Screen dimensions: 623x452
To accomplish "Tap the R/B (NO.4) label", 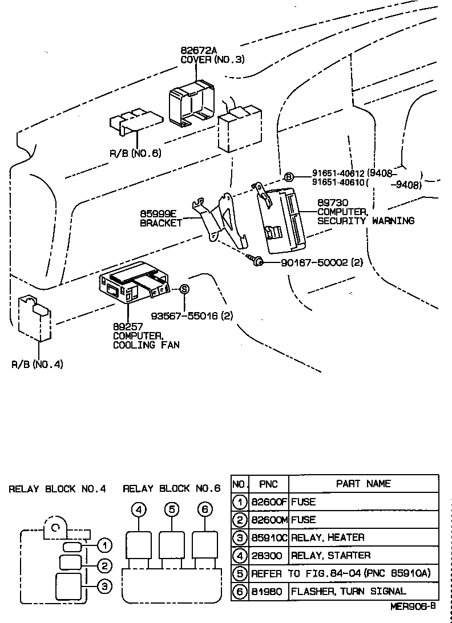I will coord(38,364).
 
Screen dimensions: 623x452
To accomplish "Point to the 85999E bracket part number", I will coord(158,214).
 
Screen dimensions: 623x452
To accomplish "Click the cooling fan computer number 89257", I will coord(127,327).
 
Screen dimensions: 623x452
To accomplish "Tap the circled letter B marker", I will coord(289,177).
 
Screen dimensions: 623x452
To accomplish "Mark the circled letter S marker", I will coord(184,289).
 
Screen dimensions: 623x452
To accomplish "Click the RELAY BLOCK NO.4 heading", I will coord(58,489).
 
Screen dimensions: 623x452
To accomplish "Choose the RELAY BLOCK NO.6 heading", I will coord(172,489).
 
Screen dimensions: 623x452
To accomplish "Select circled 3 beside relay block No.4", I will coord(103,585).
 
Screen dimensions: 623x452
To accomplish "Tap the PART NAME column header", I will coord(363,484).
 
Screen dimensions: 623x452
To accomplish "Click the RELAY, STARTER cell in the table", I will coord(330,555).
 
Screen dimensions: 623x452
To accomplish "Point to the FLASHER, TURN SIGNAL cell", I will coord(349,591).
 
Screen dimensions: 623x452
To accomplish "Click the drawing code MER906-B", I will coord(414,608).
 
